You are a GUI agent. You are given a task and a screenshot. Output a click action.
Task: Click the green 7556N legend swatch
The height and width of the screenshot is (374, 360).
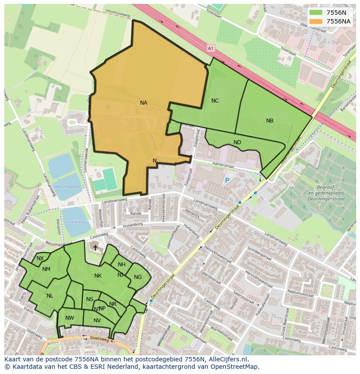pos(316,13)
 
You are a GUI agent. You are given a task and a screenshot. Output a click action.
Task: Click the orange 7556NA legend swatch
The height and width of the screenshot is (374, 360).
pos(316,21)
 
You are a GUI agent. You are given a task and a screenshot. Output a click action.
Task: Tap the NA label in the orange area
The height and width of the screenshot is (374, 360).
pos(143,103)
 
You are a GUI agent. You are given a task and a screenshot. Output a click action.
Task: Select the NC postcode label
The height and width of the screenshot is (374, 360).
pos(215,101)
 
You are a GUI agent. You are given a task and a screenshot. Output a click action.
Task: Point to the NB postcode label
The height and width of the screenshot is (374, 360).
pos(270,121)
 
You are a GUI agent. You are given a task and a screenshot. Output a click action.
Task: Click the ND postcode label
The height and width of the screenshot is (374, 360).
pos(237,142)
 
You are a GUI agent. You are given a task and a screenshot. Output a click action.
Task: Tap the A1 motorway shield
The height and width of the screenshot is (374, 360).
pos(211,48)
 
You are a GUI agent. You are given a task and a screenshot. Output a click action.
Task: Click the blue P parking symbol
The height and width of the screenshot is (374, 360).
pos(227,180)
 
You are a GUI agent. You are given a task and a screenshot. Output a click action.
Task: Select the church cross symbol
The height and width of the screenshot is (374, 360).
pos(95,247)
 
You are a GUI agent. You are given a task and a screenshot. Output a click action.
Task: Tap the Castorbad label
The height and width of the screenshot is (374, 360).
pos(77,222)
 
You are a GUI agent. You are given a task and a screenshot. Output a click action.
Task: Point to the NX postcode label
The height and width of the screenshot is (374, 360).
pos(40,258)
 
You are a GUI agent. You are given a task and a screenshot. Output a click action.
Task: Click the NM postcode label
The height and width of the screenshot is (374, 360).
pos(46,269)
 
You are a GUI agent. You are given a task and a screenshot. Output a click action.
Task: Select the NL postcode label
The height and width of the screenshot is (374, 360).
pos(50,296)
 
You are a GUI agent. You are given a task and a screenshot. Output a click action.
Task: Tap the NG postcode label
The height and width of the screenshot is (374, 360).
pos(137,277)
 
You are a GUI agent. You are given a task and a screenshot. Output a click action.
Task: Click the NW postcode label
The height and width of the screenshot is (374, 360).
pos(70,318)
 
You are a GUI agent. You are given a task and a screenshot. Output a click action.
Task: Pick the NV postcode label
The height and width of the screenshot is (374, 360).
pos(97,321)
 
